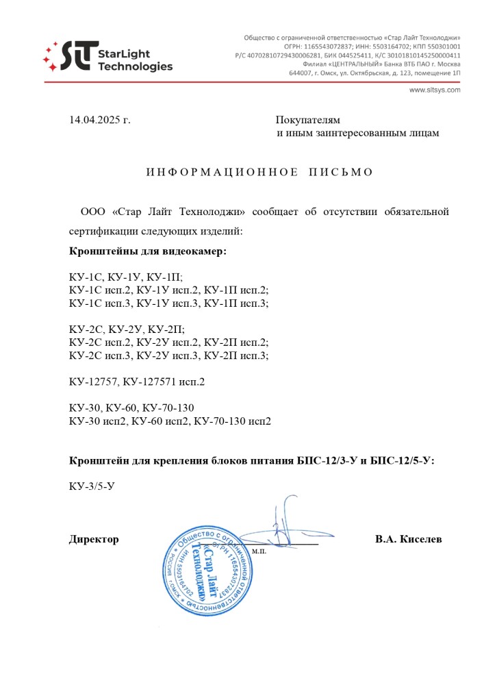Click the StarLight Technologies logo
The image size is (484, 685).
pos(107,58)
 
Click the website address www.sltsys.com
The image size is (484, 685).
pos(435,90)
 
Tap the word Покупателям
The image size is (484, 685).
pos(308,121)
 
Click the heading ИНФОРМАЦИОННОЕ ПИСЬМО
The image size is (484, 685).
pos(260,172)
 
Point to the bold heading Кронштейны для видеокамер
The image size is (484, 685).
pos(148,251)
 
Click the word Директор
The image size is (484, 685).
pos(94,539)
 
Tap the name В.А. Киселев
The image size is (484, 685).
pos(408,539)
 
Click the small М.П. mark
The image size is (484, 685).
pos(259,551)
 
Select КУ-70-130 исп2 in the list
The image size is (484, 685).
pos(233,421)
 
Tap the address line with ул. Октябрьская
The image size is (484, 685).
pos(374,73)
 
